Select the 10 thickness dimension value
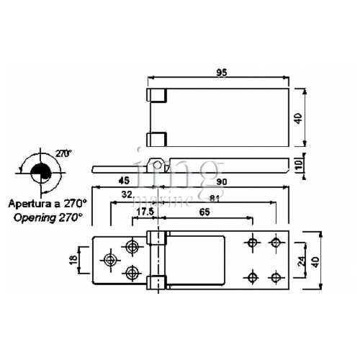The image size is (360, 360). click(298, 165)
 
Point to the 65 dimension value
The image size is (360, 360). click(205, 212)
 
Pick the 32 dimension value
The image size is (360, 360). click(127, 195)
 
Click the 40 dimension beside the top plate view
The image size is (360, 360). click(298, 118)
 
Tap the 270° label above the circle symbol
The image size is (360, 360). click(65, 153)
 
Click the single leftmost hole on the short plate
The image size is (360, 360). click(110, 259)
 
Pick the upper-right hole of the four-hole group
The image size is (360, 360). click(274, 242)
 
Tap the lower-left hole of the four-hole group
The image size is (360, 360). click(251, 276)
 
